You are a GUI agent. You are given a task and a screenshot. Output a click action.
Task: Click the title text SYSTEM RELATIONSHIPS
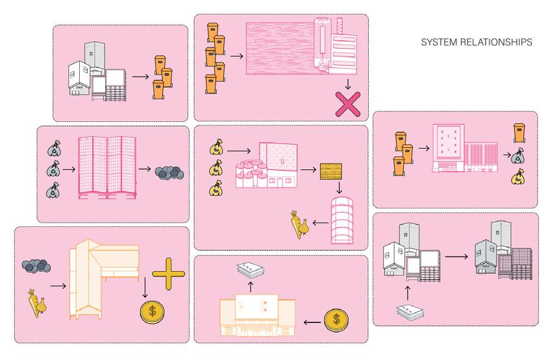click(477, 42)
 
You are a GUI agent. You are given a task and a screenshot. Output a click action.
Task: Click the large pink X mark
click(347, 103)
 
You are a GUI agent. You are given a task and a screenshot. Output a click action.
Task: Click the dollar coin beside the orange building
click(335, 320)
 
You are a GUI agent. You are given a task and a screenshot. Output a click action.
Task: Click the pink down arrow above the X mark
click(348, 84)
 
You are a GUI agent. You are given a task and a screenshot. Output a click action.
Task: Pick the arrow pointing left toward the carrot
click(320, 223)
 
